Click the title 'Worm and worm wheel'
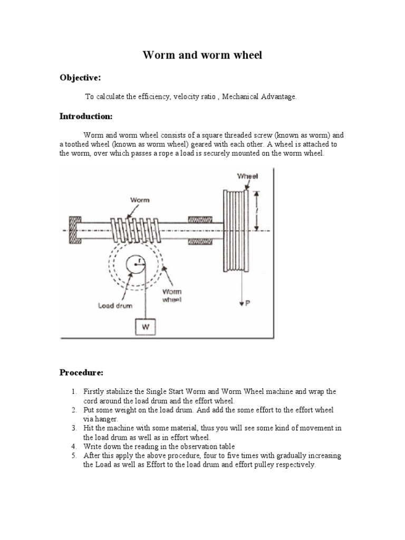[202, 55]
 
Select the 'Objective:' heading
[80, 78]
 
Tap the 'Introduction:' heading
[85, 116]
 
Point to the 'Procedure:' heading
[81, 372]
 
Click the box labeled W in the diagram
[146, 327]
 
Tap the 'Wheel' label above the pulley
[247, 177]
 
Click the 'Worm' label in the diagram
[140, 200]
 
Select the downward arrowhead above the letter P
[240, 302]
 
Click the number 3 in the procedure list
[74, 428]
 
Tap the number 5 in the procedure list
[74, 456]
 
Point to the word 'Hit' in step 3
[89, 428]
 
